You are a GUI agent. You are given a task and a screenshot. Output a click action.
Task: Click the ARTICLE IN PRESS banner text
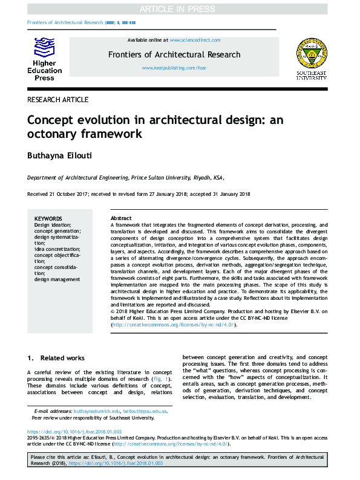pyautogui.click(x=180, y=9)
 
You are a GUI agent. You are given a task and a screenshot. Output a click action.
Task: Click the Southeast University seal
pyautogui.click(x=310, y=54)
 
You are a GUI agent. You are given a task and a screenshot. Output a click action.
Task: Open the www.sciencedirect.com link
pyautogui.click(x=195, y=40)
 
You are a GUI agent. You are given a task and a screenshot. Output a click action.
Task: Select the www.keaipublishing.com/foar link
pyautogui.click(x=174, y=68)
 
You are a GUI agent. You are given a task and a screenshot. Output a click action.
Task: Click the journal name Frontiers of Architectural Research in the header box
pyautogui.click(x=174, y=54)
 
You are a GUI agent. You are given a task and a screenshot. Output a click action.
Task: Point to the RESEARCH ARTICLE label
pyautogui.click(x=58, y=100)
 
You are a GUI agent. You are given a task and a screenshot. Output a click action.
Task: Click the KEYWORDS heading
pyautogui.click(x=48, y=218)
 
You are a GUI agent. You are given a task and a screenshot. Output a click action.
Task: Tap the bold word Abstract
pyautogui.click(x=121, y=218)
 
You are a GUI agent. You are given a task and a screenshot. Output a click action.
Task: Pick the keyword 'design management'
pyautogui.click(x=57, y=279)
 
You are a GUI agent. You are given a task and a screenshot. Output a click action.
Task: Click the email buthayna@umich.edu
pyautogui.click(x=96, y=411)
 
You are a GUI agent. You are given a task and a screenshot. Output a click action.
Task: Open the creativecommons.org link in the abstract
pyautogui.click(x=173, y=325)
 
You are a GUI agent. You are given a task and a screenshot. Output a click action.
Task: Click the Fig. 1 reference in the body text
pyautogui.click(x=160, y=379)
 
